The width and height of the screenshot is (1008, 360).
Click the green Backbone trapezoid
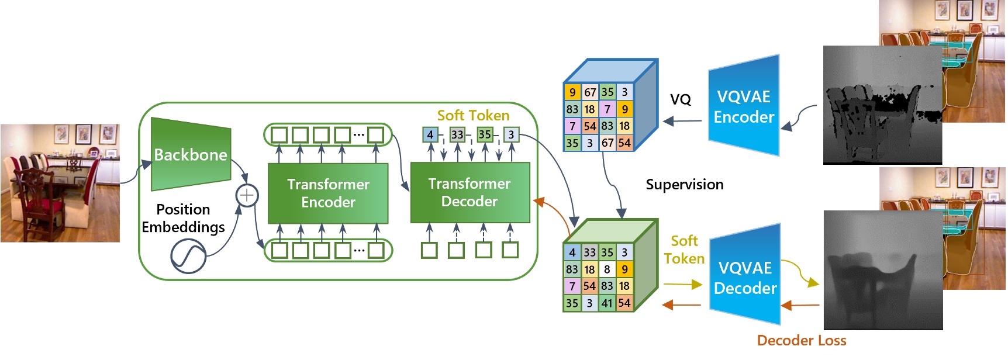(x=191, y=154)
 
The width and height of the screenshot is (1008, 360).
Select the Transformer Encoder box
(x=328, y=193)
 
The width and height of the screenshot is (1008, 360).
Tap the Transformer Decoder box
(x=470, y=192)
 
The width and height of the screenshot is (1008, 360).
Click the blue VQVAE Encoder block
(x=744, y=106)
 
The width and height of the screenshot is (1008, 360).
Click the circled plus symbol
(x=247, y=195)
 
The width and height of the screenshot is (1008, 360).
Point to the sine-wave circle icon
(x=188, y=257)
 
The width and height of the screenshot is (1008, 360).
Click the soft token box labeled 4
(x=430, y=135)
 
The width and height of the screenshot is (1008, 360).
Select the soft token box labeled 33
(x=457, y=135)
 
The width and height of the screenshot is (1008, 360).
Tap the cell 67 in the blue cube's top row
(x=590, y=92)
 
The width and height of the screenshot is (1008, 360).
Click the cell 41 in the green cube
(x=607, y=303)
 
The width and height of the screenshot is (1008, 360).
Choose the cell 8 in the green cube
(x=607, y=269)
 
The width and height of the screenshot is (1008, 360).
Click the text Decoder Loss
(x=801, y=341)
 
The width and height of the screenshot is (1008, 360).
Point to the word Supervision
(x=684, y=185)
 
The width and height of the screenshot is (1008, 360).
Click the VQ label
(x=680, y=100)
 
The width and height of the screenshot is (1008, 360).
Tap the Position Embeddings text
(x=183, y=218)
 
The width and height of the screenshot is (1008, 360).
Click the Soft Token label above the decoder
(x=473, y=115)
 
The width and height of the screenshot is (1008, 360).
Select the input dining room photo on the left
(x=60, y=183)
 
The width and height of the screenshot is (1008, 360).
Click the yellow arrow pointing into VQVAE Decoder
(x=683, y=285)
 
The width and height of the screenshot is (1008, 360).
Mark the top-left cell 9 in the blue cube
(x=572, y=92)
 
